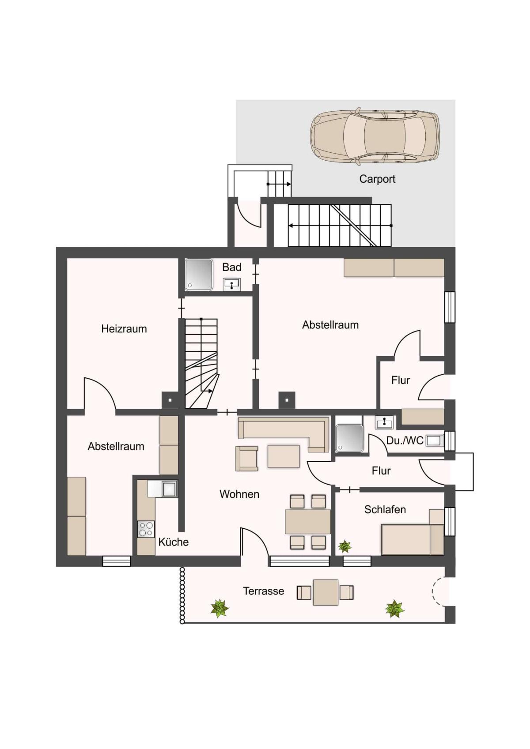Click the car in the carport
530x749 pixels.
coord(375,137)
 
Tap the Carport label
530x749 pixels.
coord(377,179)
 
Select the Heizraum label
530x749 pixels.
coord(124,329)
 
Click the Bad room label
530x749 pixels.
coord(231,267)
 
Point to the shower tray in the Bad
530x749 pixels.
coord(199,274)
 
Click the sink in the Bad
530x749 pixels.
coord(231,285)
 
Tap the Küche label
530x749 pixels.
coord(173,542)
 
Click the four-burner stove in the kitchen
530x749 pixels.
coord(146,529)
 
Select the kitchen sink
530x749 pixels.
coord(169,489)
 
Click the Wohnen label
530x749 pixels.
coord(239,494)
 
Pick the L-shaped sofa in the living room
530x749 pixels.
coord(284,434)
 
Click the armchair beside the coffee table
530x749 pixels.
coord(246,459)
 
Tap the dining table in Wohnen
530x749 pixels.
coord(307,522)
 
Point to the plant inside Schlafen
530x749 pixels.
coord(344,547)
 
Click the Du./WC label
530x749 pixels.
coord(405,441)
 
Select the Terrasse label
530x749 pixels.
coord(263,591)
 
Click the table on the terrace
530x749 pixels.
coord(326,592)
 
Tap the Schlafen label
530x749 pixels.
coord(385,510)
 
